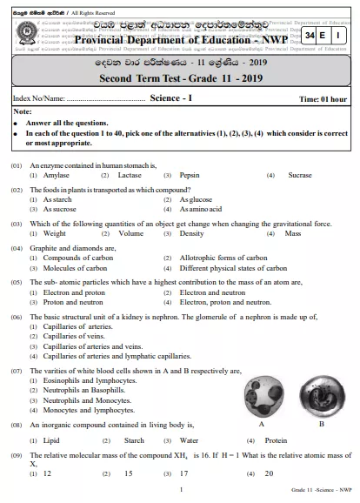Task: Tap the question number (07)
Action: [17, 371]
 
